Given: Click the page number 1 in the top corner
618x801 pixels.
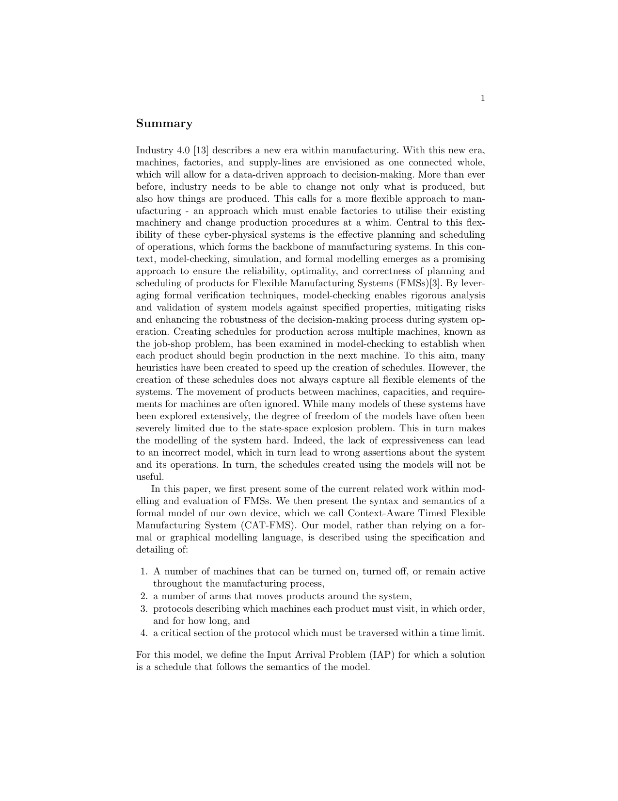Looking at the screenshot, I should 482,99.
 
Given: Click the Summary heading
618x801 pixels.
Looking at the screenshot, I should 164,124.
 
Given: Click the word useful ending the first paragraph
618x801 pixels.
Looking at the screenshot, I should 150,477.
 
